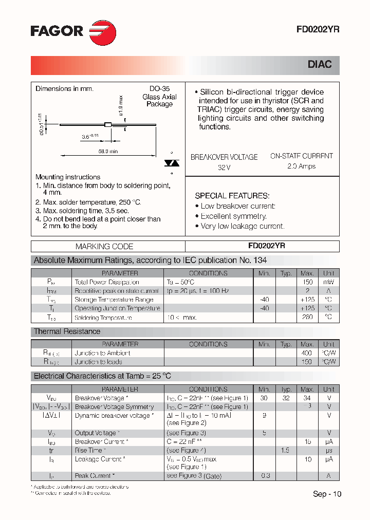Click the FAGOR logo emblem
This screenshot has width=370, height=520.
(102, 32)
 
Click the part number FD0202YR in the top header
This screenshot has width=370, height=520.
(317, 30)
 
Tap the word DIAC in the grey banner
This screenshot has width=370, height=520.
(320, 65)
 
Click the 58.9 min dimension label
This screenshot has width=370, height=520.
(107, 151)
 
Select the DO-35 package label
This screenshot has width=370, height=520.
(159, 88)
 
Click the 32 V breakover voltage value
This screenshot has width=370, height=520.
(224, 168)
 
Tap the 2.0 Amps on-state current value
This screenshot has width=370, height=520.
(301, 166)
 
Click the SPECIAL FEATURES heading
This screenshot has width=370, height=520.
(232, 196)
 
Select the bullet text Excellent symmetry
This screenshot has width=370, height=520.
(233, 216)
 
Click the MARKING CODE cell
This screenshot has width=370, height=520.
(104, 246)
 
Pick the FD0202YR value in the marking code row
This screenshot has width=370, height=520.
(262, 246)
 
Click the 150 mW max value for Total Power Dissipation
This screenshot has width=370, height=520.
(307, 282)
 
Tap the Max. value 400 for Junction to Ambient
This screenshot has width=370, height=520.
(307, 353)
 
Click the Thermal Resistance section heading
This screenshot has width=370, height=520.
(67, 331)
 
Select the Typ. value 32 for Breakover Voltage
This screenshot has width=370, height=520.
(286, 398)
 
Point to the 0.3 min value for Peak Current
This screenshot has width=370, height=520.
(265, 476)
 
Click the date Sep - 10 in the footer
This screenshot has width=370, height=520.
(327, 494)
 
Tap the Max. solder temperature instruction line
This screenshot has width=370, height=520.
(88, 202)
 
